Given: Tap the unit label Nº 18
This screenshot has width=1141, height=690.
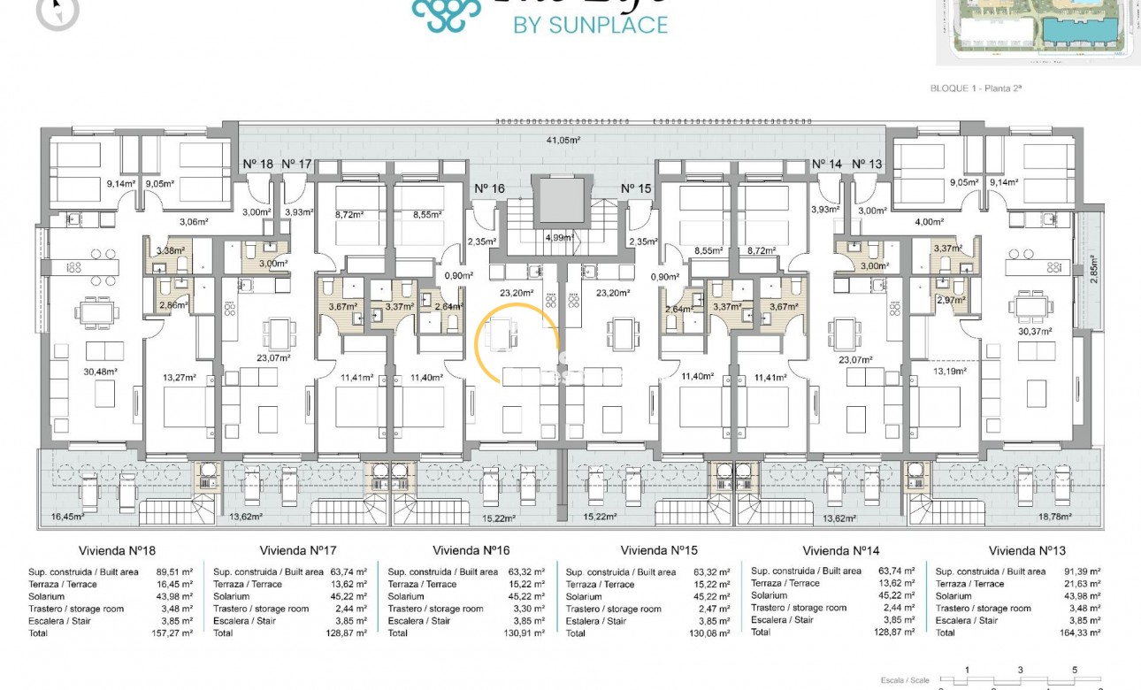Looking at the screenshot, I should (258, 164).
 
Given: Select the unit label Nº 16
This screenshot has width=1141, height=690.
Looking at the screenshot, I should (489, 188).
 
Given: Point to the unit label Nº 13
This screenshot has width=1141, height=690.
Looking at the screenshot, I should (867, 164).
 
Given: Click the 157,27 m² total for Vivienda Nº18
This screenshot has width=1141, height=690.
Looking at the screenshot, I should (172, 633).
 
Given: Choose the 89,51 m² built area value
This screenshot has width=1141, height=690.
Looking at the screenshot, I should (175, 572).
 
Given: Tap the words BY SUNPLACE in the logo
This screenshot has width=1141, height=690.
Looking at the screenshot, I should (591, 25).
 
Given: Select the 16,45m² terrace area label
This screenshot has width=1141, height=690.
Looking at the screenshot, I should (67, 517).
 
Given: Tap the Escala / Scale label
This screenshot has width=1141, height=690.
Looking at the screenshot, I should (915, 679).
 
